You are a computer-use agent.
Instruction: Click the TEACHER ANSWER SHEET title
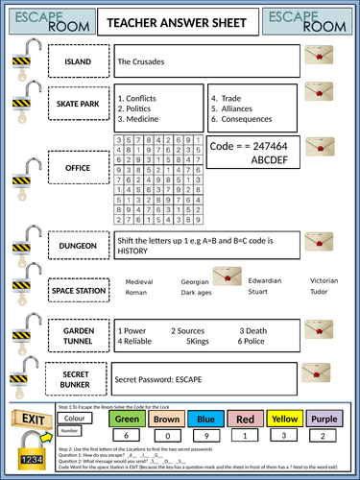point(179,22)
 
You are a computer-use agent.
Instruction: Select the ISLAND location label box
point(78,62)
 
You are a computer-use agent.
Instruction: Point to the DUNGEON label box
point(78,246)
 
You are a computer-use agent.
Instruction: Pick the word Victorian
point(324,280)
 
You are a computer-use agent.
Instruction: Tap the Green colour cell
point(128,419)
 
